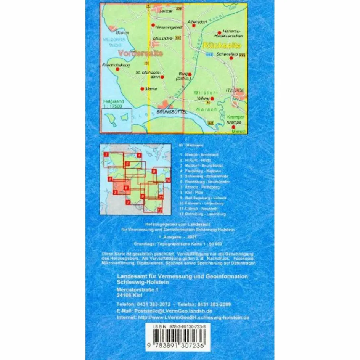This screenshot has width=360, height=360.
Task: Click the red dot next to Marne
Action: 142,89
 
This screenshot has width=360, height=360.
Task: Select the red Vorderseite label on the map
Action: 141,53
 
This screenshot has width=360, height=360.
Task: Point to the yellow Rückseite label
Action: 223,45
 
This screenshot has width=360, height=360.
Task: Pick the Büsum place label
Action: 123,33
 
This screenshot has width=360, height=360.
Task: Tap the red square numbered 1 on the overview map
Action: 106,154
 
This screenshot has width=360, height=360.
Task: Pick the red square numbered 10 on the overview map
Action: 168,179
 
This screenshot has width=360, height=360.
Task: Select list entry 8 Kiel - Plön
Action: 193,193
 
